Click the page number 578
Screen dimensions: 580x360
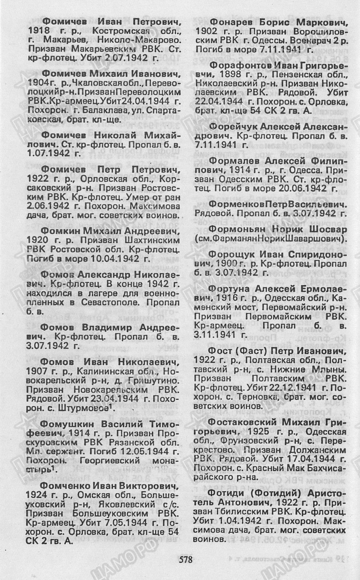point(186,558)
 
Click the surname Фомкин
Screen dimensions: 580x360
point(61,231)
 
